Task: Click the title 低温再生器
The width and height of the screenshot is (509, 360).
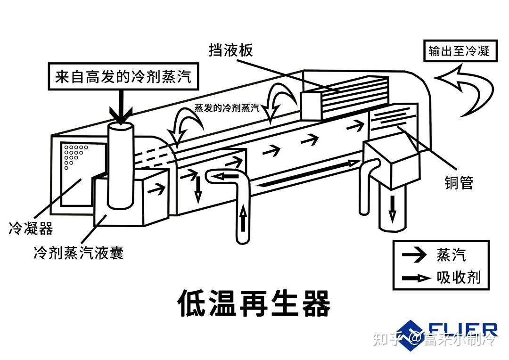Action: click(x=254, y=302)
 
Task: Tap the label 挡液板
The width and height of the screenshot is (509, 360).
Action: click(x=231, y=50)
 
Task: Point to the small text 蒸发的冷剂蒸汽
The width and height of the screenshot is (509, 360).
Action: click(x=227, y=107)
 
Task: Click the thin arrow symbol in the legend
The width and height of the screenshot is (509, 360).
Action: click(x=414, y=255)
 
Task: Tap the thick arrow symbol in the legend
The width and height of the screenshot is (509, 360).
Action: click(x=416, y=278)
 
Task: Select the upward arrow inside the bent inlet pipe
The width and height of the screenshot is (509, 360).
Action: click(x=243, y=220)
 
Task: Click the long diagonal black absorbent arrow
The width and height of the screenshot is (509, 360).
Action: click(x=306, y=173)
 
